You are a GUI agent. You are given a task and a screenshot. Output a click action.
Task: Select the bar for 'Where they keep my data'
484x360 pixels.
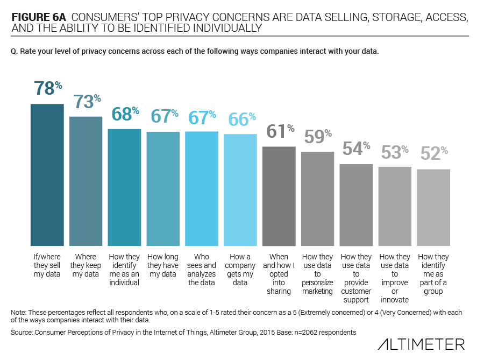pos(86,180)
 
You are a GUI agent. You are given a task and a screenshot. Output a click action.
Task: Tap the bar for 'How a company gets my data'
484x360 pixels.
pos(240,189)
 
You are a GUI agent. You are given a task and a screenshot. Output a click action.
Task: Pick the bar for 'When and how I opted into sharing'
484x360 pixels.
pos(279,195)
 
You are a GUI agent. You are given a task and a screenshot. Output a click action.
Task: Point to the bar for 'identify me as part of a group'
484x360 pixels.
pos(433,207)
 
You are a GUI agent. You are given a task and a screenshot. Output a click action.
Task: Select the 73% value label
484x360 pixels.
pos(87,102)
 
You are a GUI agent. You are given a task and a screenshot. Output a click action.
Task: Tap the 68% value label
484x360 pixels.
pos(125,115)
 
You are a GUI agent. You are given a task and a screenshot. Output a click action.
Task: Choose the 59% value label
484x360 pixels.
pos(318,137)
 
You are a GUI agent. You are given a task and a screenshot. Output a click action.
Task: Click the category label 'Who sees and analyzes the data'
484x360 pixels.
pos(202,270)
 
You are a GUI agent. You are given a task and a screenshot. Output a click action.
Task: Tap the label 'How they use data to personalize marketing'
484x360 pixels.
pos(318,274)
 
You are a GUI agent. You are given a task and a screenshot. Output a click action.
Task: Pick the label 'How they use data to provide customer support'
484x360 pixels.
pos(356,278)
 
